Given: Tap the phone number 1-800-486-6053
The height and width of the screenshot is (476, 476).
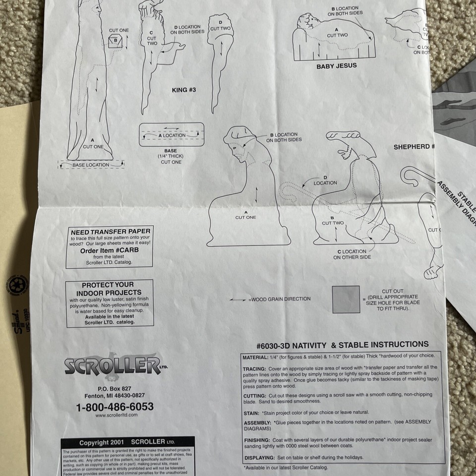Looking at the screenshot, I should pos(114,407).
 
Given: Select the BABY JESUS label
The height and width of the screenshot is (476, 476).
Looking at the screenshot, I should pos(336,65).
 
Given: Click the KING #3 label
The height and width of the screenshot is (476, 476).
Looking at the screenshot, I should pos(183,90).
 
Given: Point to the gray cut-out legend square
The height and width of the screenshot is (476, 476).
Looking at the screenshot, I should pos(346,299).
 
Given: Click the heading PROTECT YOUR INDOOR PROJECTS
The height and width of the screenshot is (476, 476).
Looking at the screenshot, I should pos(110,289).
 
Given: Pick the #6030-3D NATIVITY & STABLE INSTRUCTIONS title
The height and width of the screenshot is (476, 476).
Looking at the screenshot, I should pos(336,344).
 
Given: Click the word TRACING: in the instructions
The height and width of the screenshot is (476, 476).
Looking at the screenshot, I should pos(254,369).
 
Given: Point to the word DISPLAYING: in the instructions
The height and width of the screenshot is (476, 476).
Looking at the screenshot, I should pos(259,457).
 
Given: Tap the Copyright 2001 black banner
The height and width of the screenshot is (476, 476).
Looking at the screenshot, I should pos(127,442).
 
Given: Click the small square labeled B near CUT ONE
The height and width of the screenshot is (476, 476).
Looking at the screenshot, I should pos(116,41).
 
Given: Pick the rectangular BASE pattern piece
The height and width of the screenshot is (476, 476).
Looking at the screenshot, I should pos(172,135).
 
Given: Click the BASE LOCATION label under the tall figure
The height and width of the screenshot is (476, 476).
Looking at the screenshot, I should pos(91,165).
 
